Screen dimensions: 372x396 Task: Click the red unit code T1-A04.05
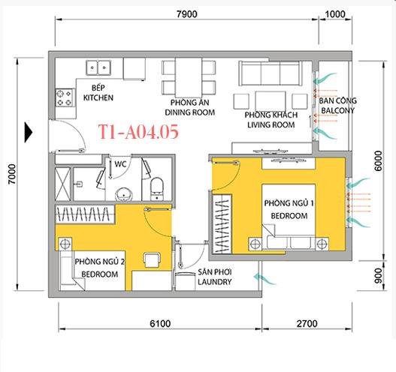point(138,133)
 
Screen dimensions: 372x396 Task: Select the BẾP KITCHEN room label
point(98,93)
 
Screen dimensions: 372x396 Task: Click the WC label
point(119,163)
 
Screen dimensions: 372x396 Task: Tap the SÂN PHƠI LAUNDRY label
point(214,277)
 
